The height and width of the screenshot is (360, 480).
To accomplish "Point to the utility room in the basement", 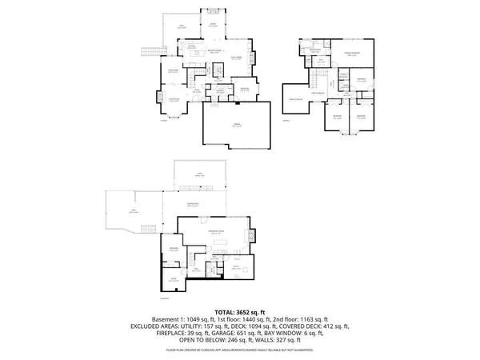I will click(x=237, y=270).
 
